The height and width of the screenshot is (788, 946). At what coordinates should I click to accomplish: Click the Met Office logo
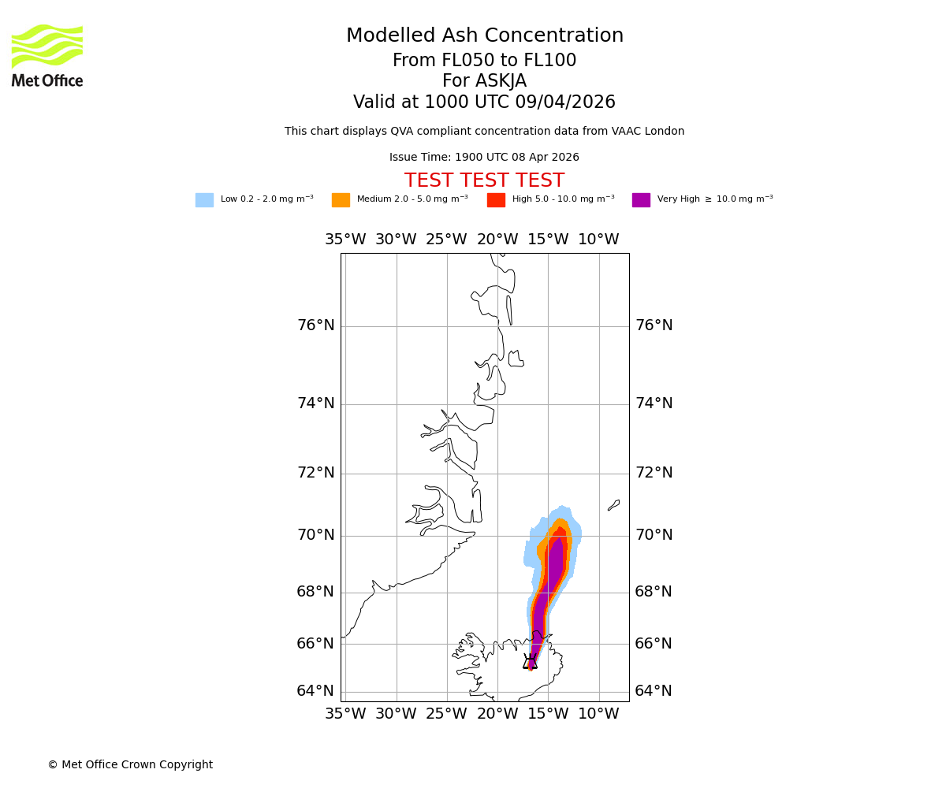tap(47, 55)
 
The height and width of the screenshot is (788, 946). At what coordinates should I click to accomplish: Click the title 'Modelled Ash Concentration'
tap(485, 36)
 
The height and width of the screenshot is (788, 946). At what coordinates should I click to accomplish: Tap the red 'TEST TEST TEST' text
tap(484, 181)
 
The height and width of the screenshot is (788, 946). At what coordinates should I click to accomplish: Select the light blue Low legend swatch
tap(204, 200)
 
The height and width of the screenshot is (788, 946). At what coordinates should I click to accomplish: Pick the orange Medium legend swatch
tap(341, 200)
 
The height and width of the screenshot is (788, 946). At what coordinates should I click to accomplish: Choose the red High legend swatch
tap(496, 200)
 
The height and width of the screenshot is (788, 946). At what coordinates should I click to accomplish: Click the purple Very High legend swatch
tap(641, 200)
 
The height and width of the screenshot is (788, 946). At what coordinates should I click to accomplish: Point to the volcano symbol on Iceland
tap(531, 662)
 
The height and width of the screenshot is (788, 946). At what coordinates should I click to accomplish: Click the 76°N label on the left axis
tap(315, 325)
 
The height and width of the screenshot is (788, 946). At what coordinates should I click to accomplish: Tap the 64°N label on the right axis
tap(654, 691)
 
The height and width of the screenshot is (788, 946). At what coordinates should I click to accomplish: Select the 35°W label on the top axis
tap(345, 240)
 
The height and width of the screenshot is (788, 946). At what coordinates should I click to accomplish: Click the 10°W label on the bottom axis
tap(598, 714)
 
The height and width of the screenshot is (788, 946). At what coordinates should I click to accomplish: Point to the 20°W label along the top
tap(497, 240)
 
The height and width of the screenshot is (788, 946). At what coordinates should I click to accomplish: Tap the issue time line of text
tap(484, 158)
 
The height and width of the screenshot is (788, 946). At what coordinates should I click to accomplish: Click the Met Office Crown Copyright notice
tap(130, 765)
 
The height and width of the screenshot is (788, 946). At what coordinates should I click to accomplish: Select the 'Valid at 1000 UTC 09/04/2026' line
tap(484, 102)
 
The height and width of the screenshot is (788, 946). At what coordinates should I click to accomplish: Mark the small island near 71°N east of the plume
tap(613, 505)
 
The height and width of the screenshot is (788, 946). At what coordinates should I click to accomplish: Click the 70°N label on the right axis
tap(654, 535)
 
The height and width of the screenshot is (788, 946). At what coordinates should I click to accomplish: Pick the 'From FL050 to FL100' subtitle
tap(484, 61)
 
